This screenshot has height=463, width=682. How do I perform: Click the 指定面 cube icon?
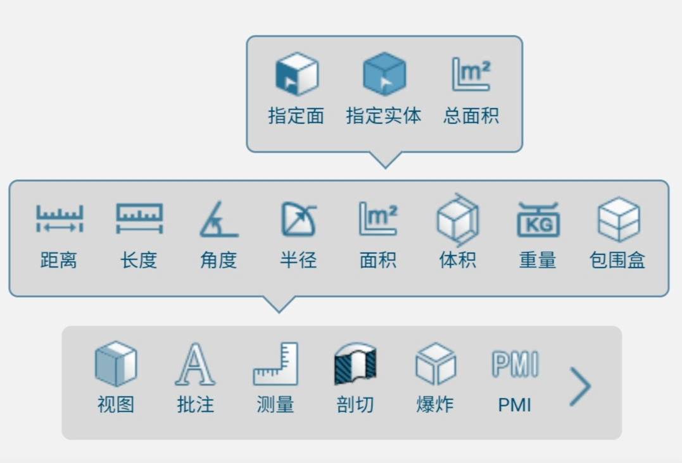[x=297, y=74]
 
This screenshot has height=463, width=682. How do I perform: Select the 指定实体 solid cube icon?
[x=384, y=74]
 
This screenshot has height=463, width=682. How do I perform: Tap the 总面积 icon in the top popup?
[x=471, y=74]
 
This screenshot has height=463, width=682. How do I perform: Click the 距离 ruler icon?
[x=59, y=219]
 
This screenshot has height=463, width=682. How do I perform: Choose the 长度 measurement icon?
[x=139, y=219]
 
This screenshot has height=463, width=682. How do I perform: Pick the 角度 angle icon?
[x=218, y=219]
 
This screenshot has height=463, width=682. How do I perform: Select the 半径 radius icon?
[x=298, y=219]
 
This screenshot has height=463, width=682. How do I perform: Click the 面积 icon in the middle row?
[x=378, y=219]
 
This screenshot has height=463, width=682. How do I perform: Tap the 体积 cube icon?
[x=458, y=220]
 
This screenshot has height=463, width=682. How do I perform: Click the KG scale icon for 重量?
[x=538, y=220]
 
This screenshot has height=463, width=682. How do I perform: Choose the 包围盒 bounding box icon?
[x=619, y=219]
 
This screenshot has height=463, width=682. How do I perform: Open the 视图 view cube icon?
[x=116, y=364]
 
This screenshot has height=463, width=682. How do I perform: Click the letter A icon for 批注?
[x=195, y=364]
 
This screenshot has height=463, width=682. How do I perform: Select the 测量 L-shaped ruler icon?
[x=275, y=364]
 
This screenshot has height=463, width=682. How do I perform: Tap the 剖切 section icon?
[x=355, y=364]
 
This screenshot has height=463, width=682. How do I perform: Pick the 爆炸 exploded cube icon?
[x=436, y=364]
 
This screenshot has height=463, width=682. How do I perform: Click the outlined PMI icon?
[x=515, y=364]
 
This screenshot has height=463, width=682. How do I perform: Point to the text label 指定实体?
[x=384, y=116]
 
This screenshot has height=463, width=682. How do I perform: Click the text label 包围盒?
[x=617, y=260]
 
